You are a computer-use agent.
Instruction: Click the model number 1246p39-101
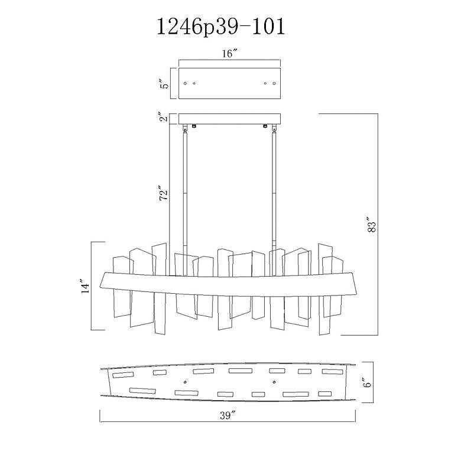click(221, 27)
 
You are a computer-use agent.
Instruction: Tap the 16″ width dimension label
click(230, 54)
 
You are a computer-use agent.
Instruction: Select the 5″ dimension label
click(165, 83)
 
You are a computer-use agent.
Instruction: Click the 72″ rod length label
click(164, 193)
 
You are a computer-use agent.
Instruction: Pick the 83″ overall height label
click(372, 225)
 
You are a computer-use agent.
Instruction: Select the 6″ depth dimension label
click(368, 383)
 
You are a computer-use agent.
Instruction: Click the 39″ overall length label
click(228, 415)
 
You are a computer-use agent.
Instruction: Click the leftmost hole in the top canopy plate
click(185, 83)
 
